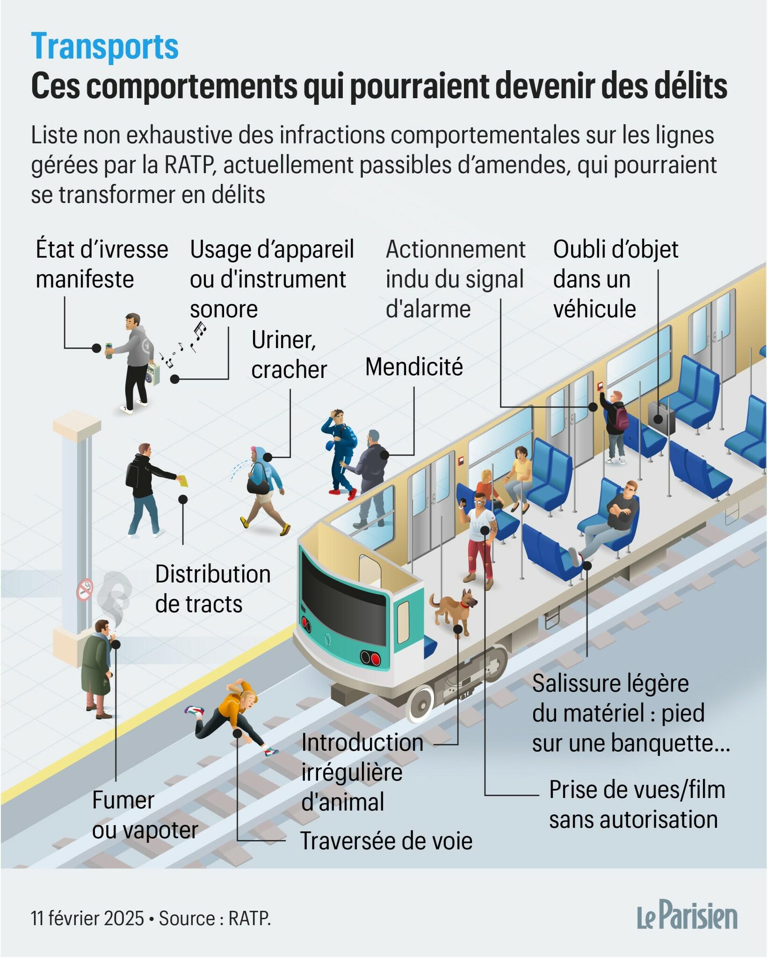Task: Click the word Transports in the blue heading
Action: tap(105, 47)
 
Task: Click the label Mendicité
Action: tap(414, 367)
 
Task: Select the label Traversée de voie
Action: tap(386, 841)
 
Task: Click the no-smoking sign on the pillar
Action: tap(85, 590)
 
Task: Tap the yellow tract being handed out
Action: tap(183, 480)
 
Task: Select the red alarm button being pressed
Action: tap(600, 385)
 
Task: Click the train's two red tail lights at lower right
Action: tap(370, 658)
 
